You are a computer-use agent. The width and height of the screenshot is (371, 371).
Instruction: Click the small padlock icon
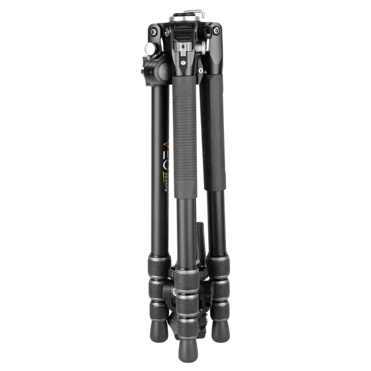click(200, 71)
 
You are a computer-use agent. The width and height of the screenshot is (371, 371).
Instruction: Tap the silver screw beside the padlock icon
click(183, 62)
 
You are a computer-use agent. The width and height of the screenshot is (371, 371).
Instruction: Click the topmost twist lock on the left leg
click(158, 268)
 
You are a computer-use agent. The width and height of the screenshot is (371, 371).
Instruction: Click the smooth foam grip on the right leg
click(214, 134)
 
